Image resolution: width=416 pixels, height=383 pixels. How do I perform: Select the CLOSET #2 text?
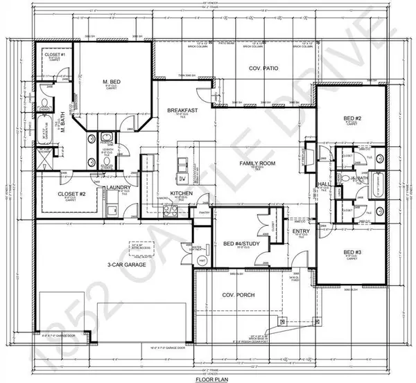[71, 195]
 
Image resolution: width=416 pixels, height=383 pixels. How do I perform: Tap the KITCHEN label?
[182, 194]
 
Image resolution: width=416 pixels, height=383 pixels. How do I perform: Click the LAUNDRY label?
[114, 188]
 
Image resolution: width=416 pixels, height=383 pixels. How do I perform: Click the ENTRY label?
[301, 231]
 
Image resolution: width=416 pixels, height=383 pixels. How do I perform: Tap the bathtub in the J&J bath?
[370, 188]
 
